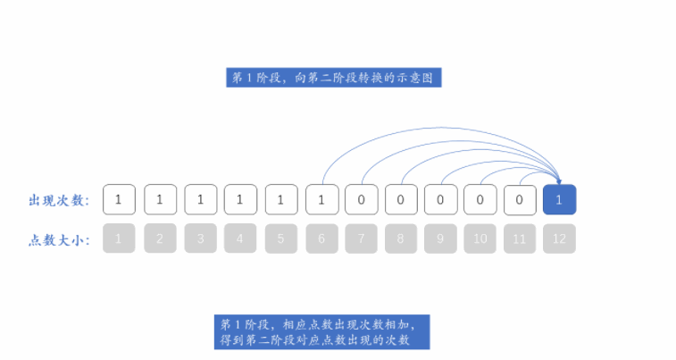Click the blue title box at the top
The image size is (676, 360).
point(334,78)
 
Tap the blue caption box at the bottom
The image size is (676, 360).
point(322,331)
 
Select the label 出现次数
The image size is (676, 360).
point(59,200)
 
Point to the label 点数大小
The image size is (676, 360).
point(59,239)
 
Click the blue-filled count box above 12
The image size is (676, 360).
point(559,200)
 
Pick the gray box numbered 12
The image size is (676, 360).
point(559,239)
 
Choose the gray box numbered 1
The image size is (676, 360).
point(119,239)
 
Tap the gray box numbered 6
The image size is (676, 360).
point(321,239)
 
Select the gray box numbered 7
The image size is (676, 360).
point(361,239)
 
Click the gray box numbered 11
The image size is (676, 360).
point(519,239)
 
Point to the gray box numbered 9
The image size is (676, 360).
point(440,239)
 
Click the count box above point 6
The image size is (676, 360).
point(321,200)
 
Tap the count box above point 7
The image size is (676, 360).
point(361,200)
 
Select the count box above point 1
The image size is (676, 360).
point(119,200)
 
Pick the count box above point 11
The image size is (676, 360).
point(519,200)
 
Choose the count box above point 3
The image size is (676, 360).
point(201,200)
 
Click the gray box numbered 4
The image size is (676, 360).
point(240,239)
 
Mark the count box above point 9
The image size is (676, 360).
point(440,200)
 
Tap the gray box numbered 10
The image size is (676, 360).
point(480,239)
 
